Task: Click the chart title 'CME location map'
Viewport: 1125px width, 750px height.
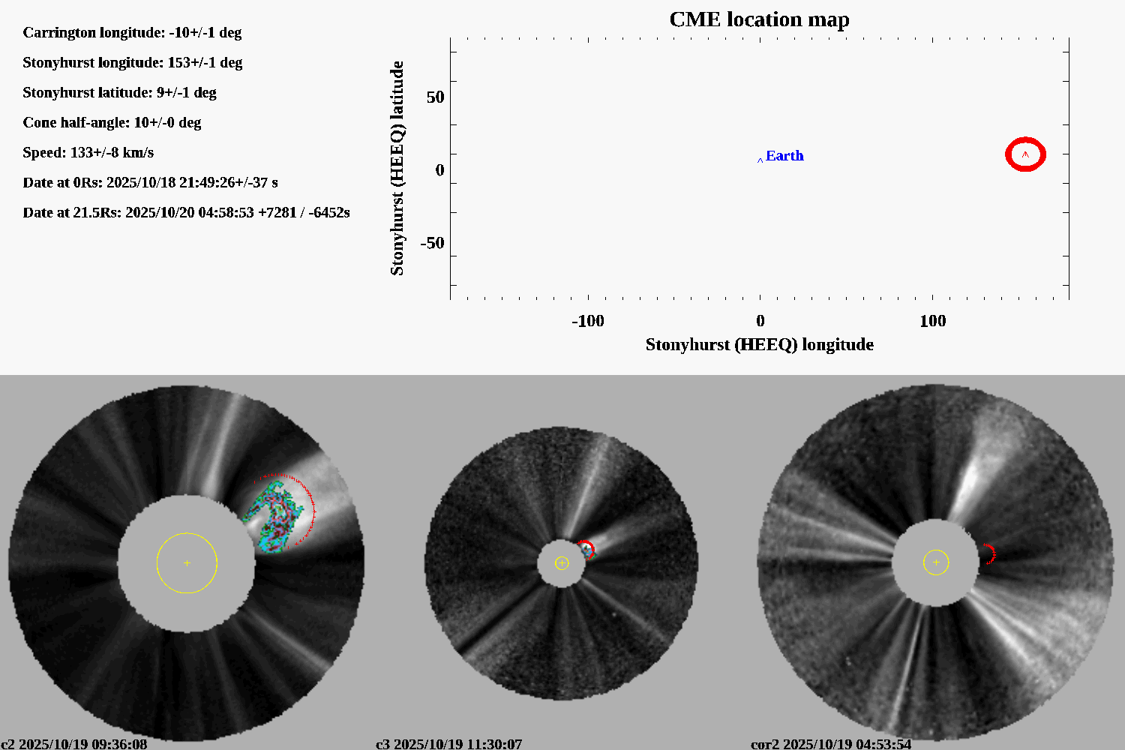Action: click(759, 19)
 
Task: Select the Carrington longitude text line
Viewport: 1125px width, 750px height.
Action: click(132, 33)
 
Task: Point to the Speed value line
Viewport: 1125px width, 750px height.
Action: click(88, 153)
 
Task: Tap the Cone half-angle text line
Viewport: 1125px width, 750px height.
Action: click(112, 123)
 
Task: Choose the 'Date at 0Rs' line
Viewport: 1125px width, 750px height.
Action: click(150, 183)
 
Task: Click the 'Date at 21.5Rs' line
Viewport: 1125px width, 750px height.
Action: click(186, 213)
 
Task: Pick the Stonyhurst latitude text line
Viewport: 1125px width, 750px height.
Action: click(119, 93)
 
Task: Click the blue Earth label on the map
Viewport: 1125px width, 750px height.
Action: click(784, 156)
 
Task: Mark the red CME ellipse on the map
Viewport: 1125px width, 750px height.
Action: click(1025, 154)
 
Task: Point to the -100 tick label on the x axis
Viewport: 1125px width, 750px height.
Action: click(587, 322)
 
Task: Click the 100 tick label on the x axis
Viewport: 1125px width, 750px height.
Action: click(932, 322)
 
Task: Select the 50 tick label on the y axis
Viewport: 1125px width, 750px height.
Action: click(435, 97)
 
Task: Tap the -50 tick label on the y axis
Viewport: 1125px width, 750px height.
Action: click(432, 243)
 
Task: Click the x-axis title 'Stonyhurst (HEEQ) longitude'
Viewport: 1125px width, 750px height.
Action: click(759, 345)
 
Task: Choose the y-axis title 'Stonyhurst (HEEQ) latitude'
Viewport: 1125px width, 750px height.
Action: click(397, 168)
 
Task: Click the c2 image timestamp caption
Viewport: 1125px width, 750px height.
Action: click(74, 744)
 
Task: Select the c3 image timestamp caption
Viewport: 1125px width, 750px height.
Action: click(448, 744)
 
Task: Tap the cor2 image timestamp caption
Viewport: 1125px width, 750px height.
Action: click(831, 744)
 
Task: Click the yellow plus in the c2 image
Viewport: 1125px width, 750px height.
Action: click(187, 563)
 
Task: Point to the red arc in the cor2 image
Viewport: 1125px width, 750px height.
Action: click(991, 554)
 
